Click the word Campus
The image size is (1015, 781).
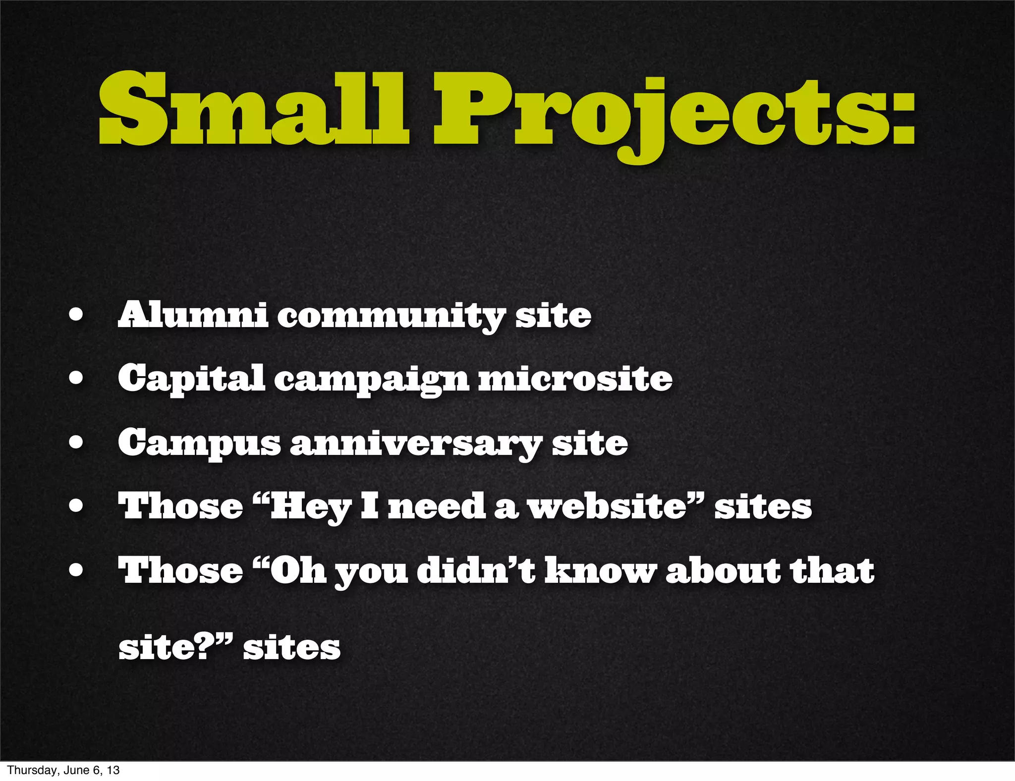199,444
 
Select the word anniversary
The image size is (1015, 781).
415,445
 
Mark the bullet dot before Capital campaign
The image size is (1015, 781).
76,379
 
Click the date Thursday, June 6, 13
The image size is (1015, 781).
63,770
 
